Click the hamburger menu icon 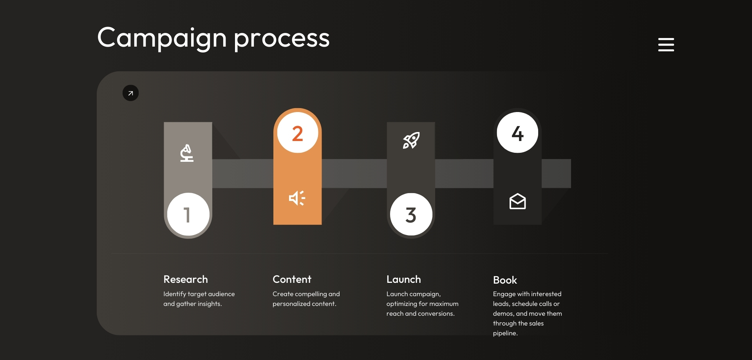(666, 44)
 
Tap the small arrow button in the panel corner (130, 93)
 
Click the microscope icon (187, 153)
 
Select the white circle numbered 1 (188, 214)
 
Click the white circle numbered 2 (298, 133)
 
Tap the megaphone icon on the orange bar (297, 198)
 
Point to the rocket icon (411, 140)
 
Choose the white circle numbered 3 (411, 214)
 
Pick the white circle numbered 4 (517, 133)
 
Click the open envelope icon (517, 201)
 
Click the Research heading (186, 279)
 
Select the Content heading (292, 279)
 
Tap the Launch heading (404, 279)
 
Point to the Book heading (505, 280)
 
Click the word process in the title (282, 39)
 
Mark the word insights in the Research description (210, 304)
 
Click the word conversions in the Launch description (436, 314)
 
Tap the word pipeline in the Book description (505, 333)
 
